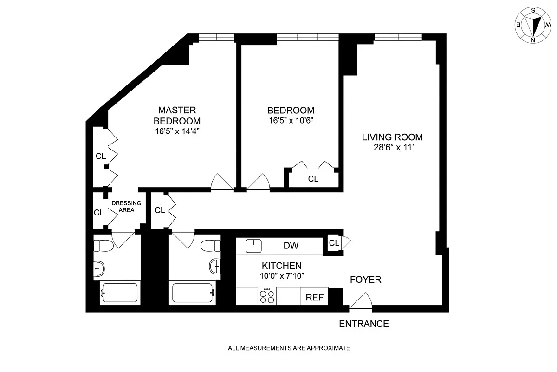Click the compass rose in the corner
pos(533,25)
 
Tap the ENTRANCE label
pos(364,324)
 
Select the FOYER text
pos(366,280)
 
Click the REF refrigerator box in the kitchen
pos(314,296)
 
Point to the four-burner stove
pos(267,296)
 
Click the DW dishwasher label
pos(291,246)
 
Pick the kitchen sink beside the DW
pos(253,246)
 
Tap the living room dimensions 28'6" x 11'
pos(394,148)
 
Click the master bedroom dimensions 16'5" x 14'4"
pos(177,131)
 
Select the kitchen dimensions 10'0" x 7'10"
pos(282,276)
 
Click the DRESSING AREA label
pos(126,207)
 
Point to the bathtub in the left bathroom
pos(120,293)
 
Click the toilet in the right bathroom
pos(210,246)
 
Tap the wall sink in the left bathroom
pos(99,269)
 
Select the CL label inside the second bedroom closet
pos(313,179)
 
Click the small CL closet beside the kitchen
pos(334,242)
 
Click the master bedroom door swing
pos(222,182)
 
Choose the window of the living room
pos(398,37)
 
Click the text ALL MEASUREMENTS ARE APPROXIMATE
pos(289,348)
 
